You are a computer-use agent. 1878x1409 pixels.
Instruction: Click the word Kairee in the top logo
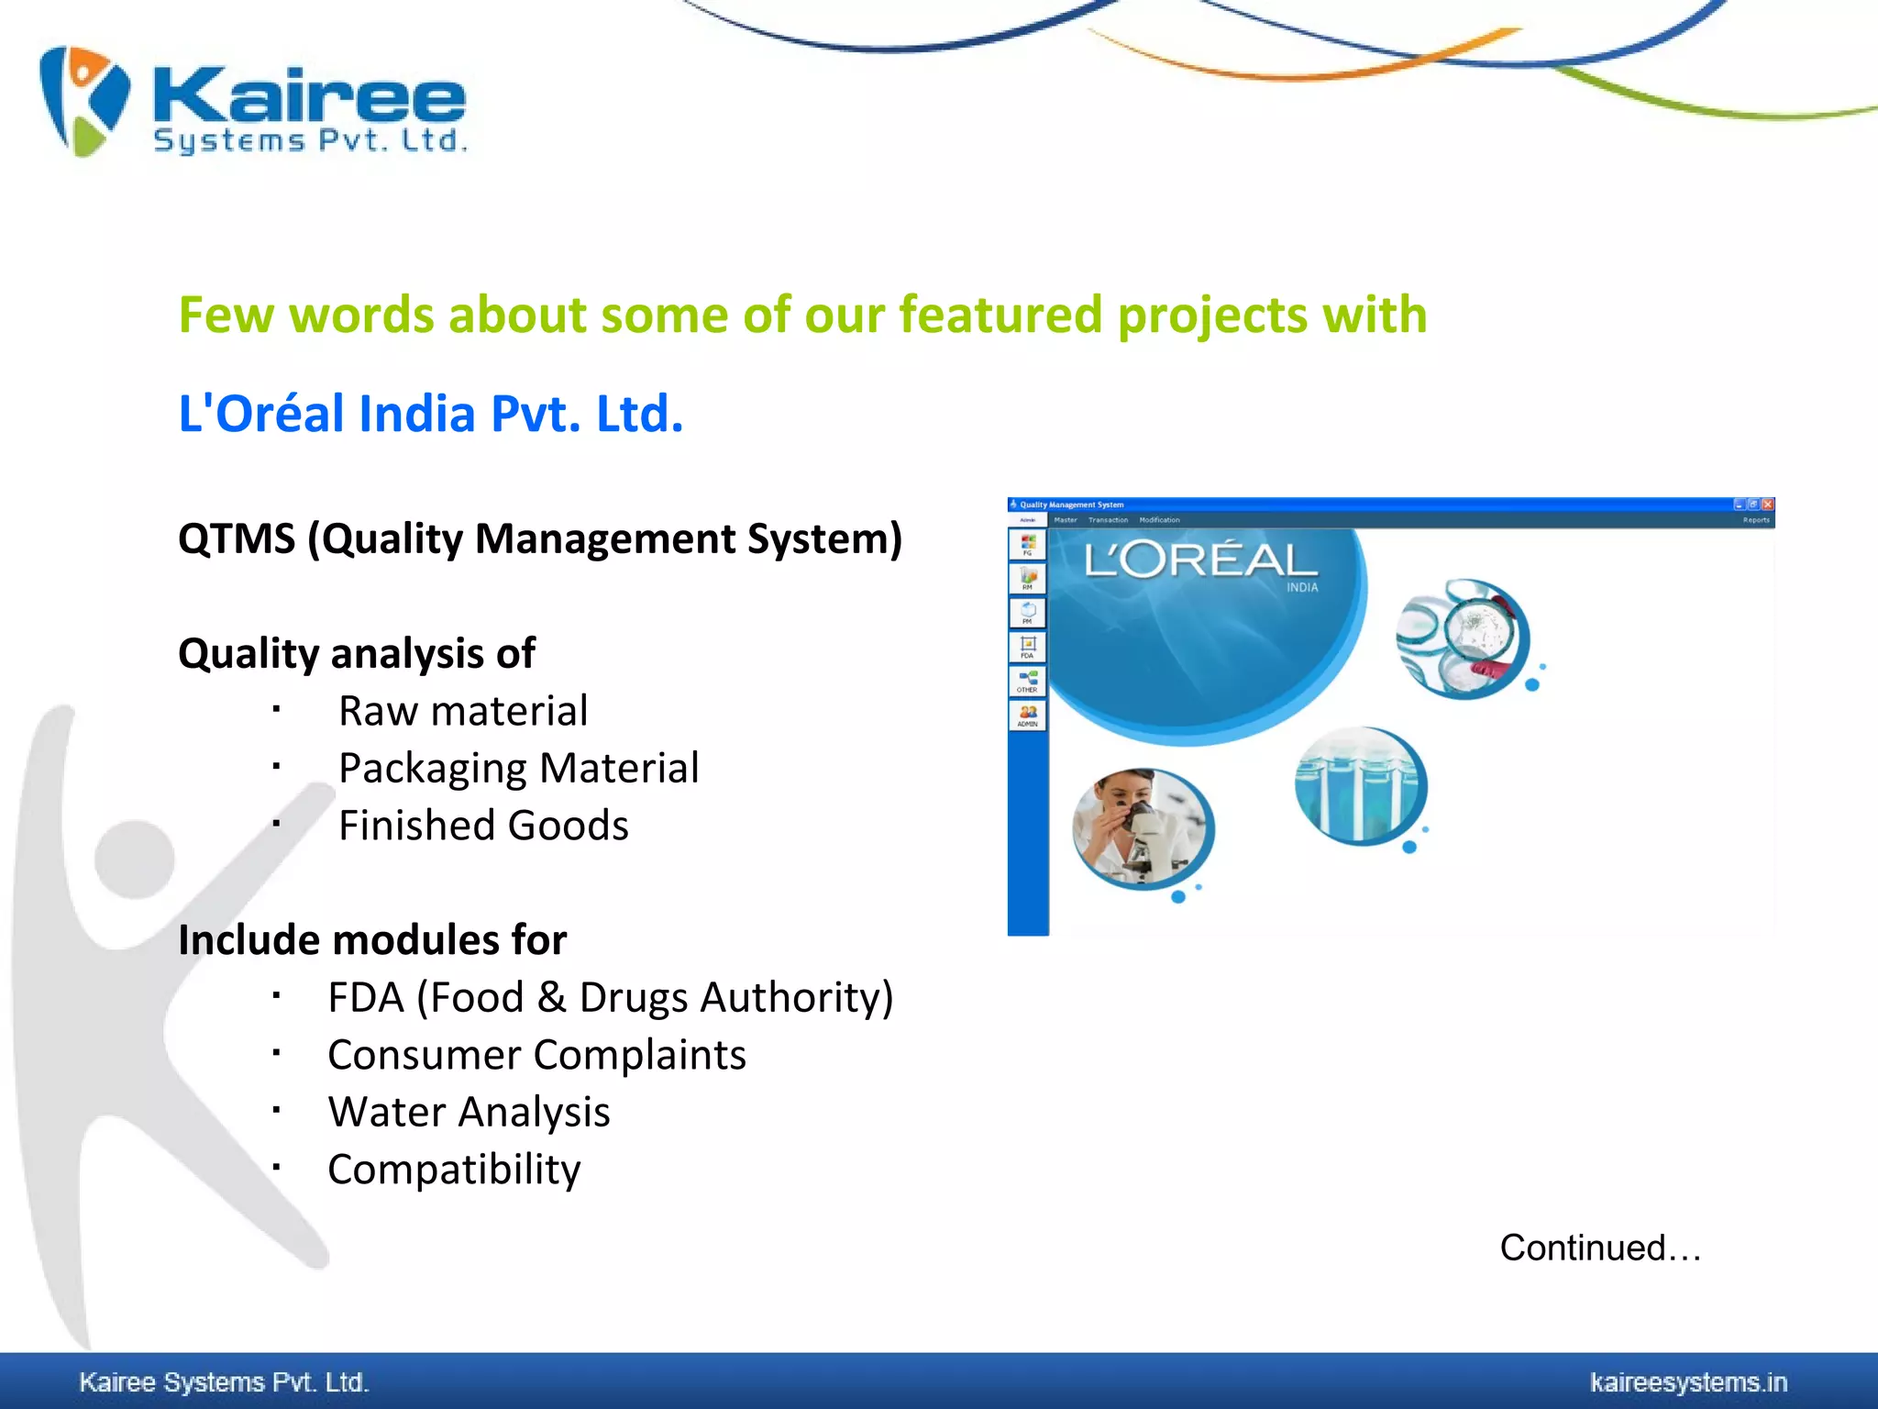(x=309, y=95)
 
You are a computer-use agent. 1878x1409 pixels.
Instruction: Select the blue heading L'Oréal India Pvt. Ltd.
(x=431, y=414)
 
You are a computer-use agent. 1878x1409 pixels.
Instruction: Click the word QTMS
(x=237, y=538)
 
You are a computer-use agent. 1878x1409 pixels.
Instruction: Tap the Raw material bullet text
(x=463, y=711)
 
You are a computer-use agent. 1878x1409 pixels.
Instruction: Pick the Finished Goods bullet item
(x=483, y=826)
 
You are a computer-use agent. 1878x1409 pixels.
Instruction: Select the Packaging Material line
(x=518, y=768)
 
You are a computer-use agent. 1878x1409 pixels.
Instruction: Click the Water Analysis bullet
(x=469, y=1112)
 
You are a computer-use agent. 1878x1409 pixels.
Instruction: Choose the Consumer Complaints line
(x=536, y=1055)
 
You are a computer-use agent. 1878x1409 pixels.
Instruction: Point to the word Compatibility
(x=454, y=1170)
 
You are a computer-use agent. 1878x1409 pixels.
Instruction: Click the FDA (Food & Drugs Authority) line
(x=610, y=997)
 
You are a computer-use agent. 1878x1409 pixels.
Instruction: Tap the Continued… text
(x=1600, y=1248)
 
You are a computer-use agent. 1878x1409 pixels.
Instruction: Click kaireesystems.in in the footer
(x=1688, y=1382)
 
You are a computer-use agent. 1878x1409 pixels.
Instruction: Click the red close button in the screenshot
(x=1768, y=505)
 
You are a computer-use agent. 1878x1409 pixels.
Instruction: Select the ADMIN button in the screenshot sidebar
(x=1027, y=716)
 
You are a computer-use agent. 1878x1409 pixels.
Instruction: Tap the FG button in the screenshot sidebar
(x=1027, y=545)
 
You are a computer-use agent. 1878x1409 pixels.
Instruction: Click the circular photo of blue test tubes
(x=1361, y=786)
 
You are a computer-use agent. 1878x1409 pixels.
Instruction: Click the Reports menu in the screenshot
(x=1755, y=520)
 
